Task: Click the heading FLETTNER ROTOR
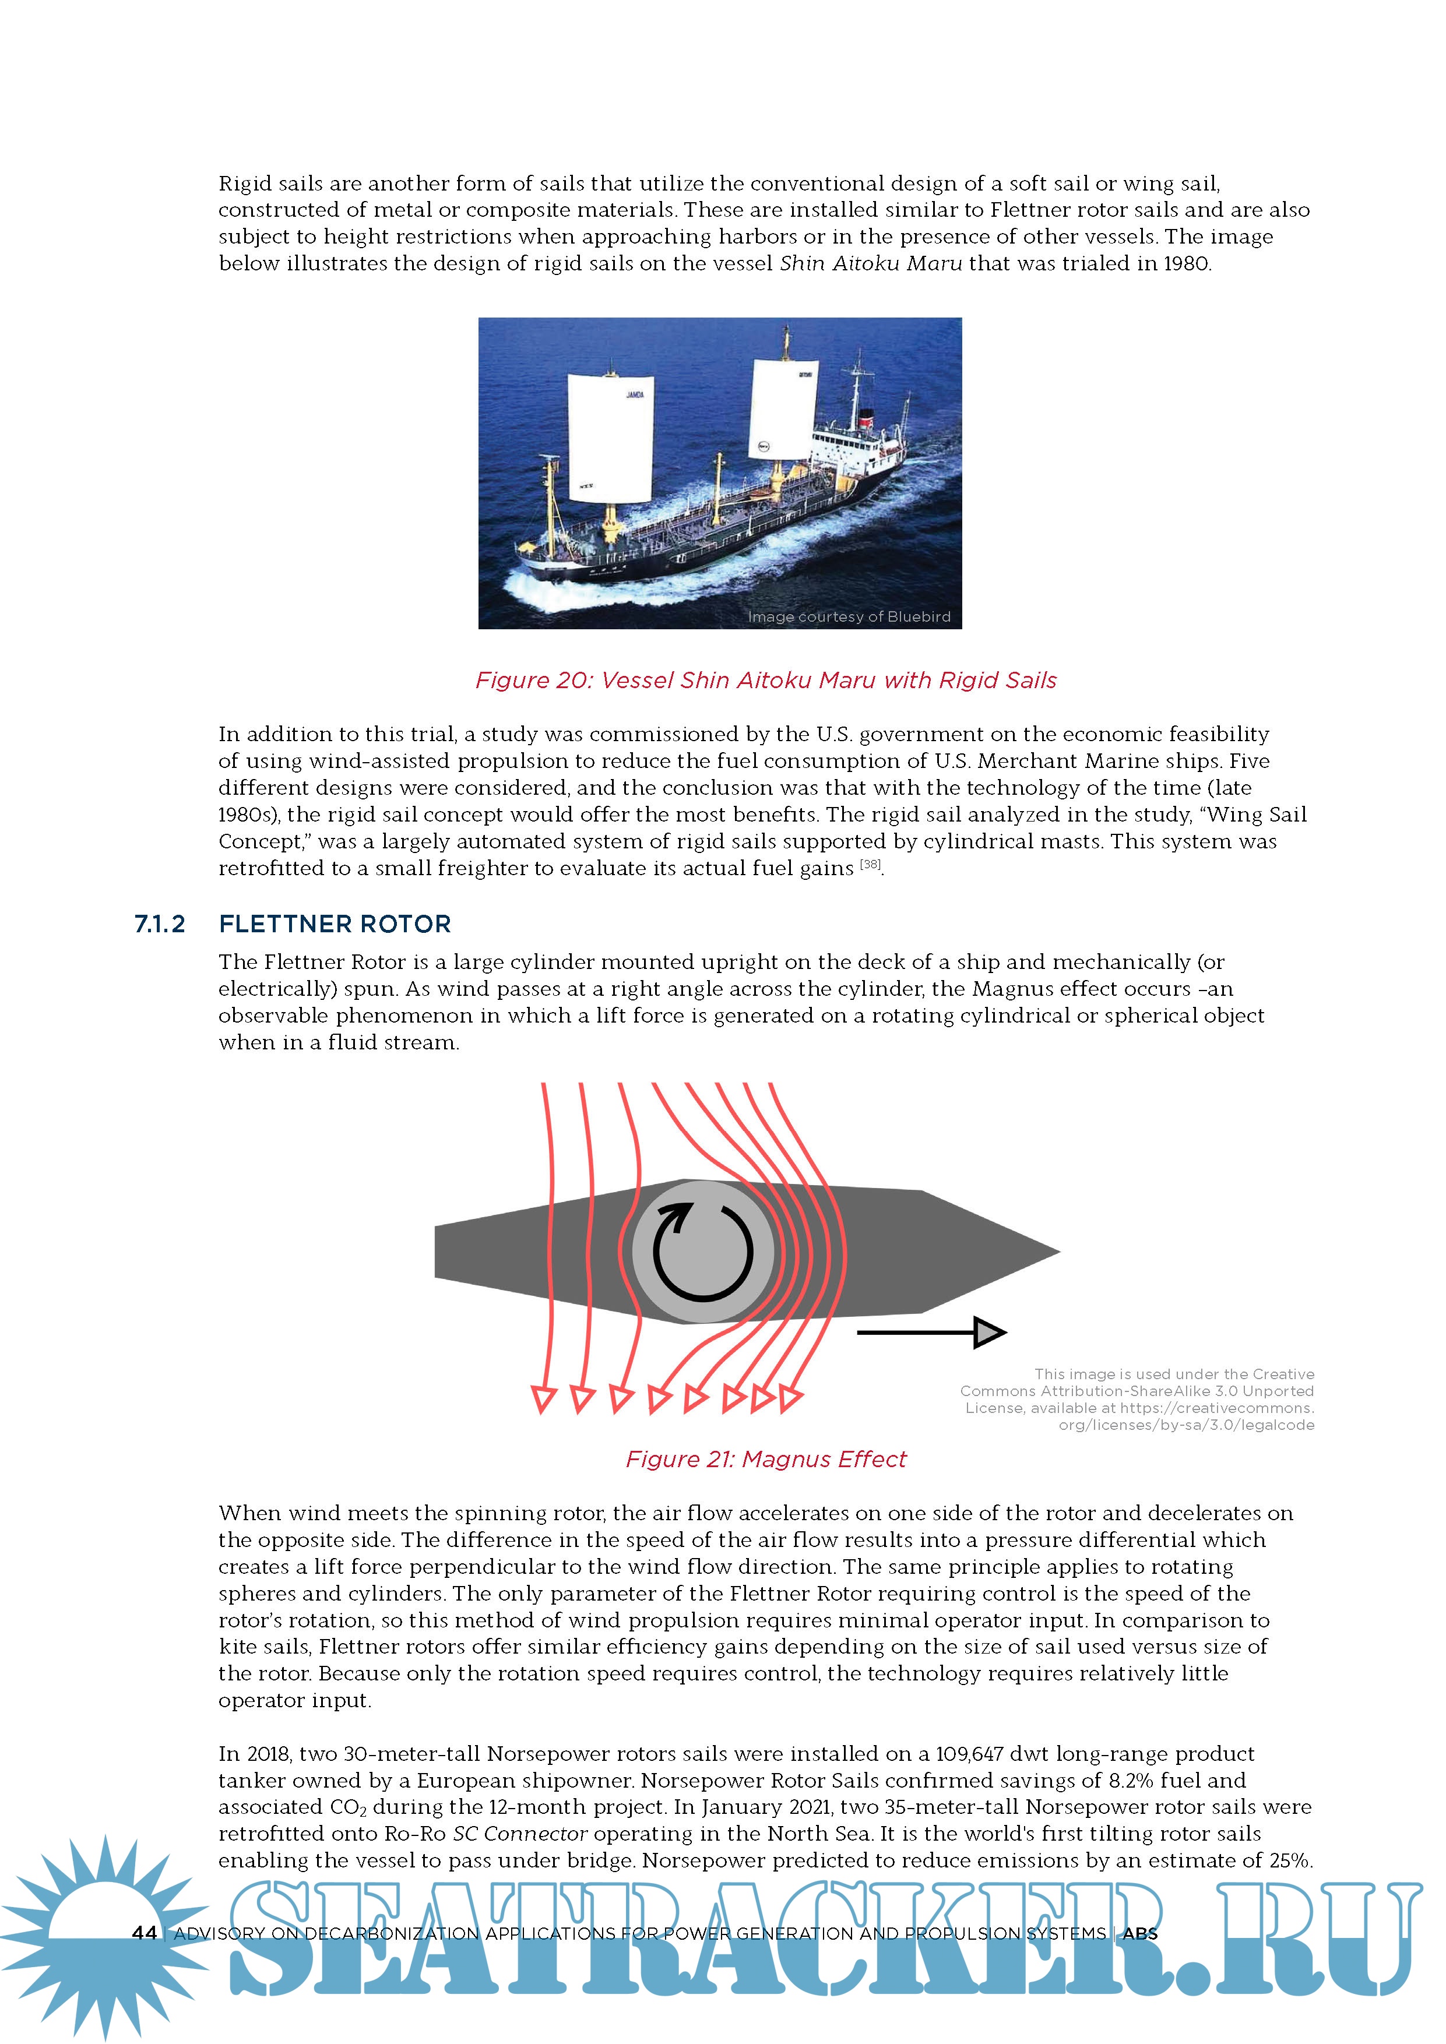point(335,924)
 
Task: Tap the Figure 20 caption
point(766,680)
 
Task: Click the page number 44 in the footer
point(144,1933)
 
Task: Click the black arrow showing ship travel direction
point(930,1332)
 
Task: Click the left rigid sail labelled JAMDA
point(611,436)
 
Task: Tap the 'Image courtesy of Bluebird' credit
point(849,617)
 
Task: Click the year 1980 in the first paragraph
point(1186,263)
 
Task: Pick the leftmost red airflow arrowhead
point(543,1398)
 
